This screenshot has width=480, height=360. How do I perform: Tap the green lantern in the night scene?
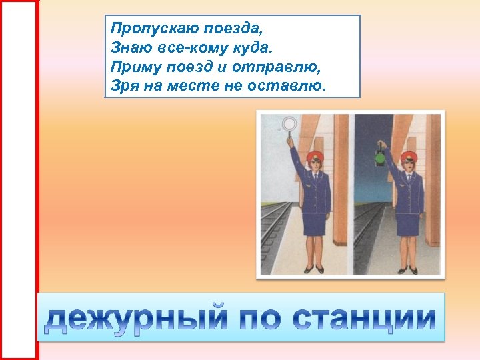coord(380,158)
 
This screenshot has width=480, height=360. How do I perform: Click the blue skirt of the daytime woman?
coord(313,223)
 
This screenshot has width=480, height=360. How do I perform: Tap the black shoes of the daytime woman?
coord(314,269)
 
